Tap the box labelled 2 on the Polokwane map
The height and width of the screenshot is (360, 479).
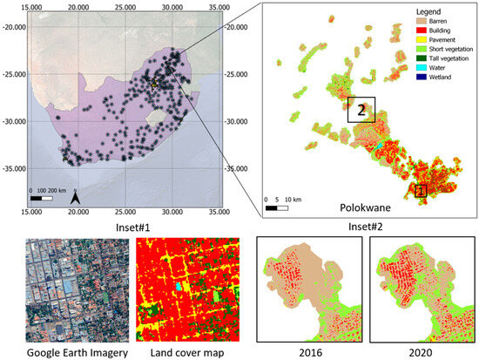pyautogui.click(x=360, y=110)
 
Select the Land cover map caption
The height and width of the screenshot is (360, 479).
pyautogui.click(x=179, y=352)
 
